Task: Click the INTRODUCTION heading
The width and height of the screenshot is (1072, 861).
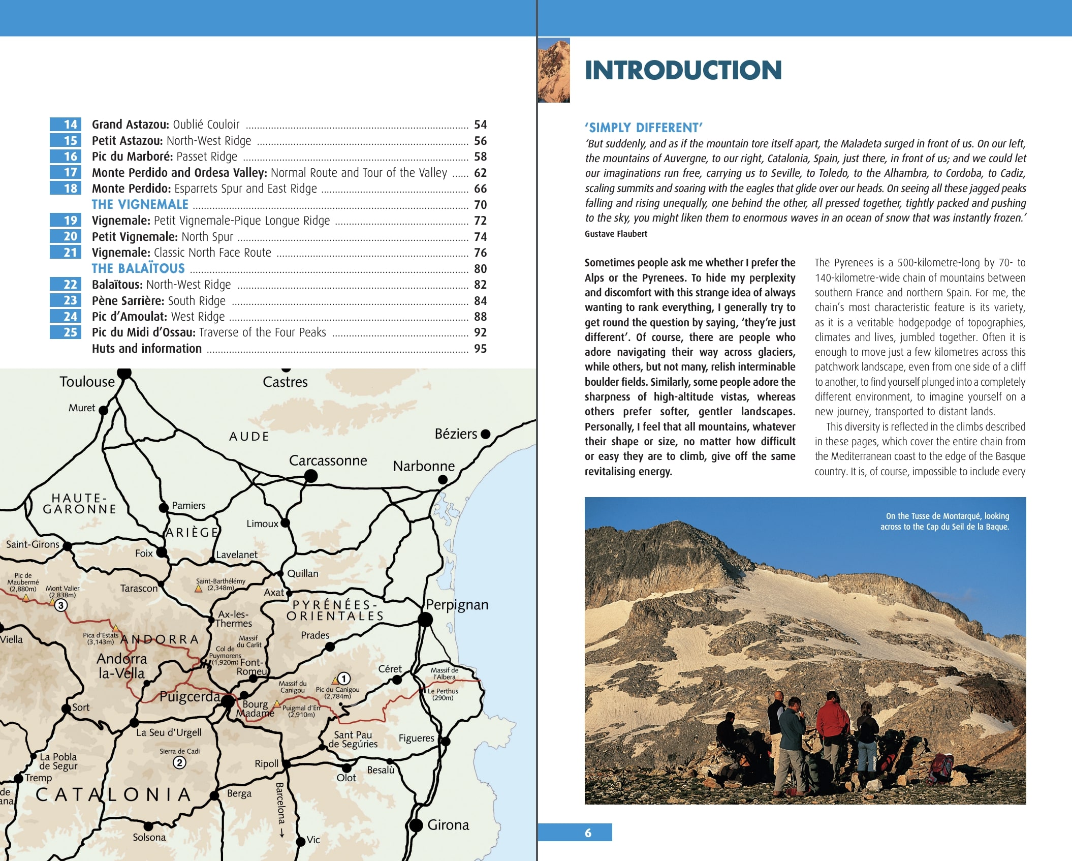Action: click(683, 71)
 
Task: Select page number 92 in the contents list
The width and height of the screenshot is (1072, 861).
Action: click(480, 332)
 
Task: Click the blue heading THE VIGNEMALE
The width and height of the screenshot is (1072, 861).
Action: click(140, 204)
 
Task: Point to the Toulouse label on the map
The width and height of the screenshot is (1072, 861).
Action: click(87, 382)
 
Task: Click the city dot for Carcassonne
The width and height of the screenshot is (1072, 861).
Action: click(311, 476)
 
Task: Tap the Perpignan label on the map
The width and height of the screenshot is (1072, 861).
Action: click(457, 605)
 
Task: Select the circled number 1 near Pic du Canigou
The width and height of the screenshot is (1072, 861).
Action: click(344, 679)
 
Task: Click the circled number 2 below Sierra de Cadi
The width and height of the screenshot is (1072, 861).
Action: click(179, 762)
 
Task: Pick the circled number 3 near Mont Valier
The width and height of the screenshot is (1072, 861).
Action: click(61, 605)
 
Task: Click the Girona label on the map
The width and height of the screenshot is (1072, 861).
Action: click(448, 824)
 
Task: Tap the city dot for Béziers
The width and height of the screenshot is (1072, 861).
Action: click(486, 434)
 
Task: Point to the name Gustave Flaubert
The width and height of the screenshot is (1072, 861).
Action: click(616, 234)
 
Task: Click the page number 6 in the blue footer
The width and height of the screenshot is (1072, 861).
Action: click(588, 833)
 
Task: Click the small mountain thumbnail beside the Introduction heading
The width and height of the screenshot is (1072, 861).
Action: click(554, 70)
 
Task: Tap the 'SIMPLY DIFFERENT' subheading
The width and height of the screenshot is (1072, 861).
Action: click(643, 128)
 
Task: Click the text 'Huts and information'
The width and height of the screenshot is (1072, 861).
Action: click(147, 349)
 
